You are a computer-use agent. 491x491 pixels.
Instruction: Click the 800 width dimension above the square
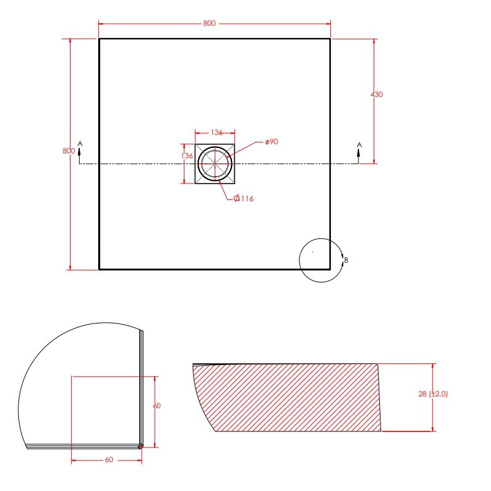(209, 23)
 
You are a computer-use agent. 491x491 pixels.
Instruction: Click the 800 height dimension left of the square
(69, 150)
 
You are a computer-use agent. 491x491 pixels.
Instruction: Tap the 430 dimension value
(376, 95)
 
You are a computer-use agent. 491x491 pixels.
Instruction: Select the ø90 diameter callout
(271, 142)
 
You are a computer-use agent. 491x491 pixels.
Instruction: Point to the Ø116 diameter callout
(244, 198)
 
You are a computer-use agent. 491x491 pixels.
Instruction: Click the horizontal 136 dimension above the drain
(217, 133)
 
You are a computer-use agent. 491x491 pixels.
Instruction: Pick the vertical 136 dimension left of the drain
(187, 156)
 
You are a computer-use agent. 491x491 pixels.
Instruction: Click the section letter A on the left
(80, 144)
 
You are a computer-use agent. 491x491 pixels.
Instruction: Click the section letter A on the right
(359, 145)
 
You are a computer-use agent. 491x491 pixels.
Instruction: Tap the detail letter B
(346, 260)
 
